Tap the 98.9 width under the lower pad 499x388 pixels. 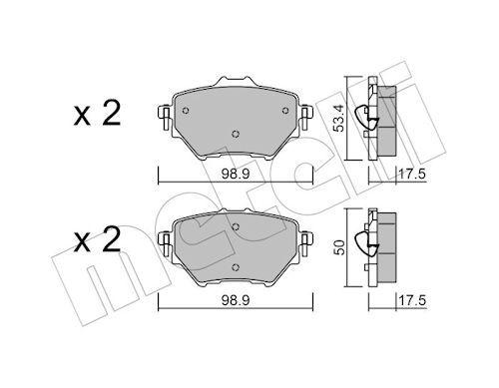point(236,298)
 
